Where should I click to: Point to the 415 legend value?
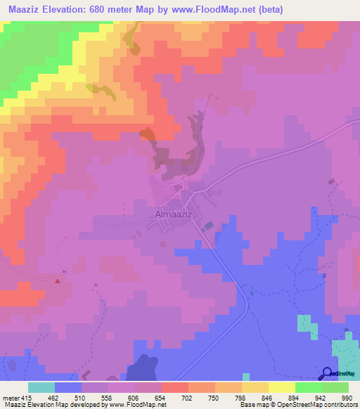coord(26,397)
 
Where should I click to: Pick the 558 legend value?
coord(108,397)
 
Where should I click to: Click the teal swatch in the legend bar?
coord(41,387)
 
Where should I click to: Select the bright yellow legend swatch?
coord(282,387)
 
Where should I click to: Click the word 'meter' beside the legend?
coord(11,397)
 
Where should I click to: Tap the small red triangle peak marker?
coord(58,280)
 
